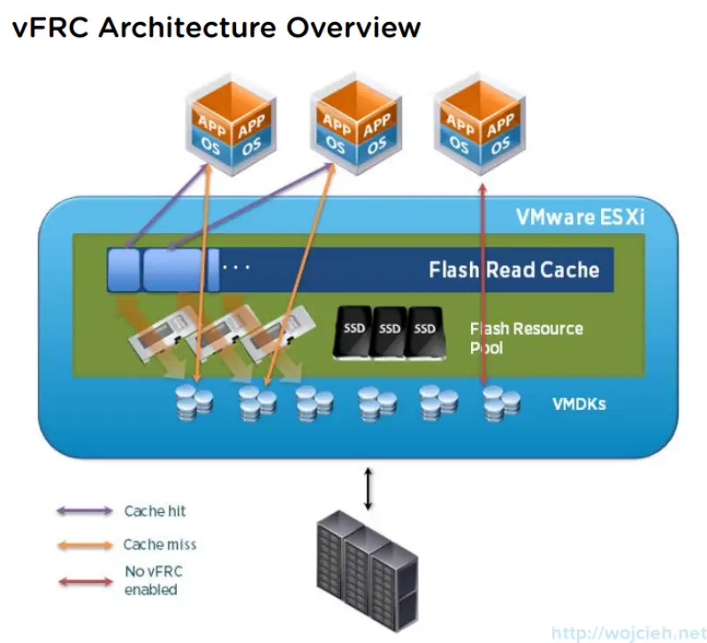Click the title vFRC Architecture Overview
coord(217,26)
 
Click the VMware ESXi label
coord(579,217)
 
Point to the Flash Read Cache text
coord(513,269)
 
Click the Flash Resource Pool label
coord(526,337)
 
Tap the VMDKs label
coord(579,405)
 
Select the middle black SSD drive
coord(390,332)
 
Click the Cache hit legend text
coord(155,511)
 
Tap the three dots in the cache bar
coord(236,266)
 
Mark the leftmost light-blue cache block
coord(124,269)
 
